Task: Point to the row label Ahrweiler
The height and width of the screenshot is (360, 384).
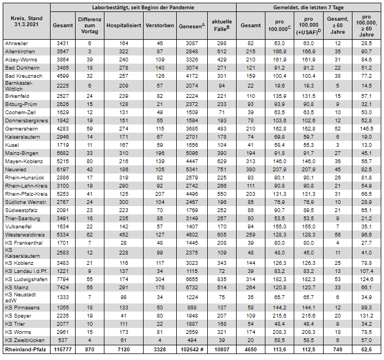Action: (x=16, y=42)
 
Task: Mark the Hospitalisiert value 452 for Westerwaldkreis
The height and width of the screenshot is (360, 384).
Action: (x=124, y=234)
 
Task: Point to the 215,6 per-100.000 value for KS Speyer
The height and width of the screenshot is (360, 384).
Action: (x=280, y=315)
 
